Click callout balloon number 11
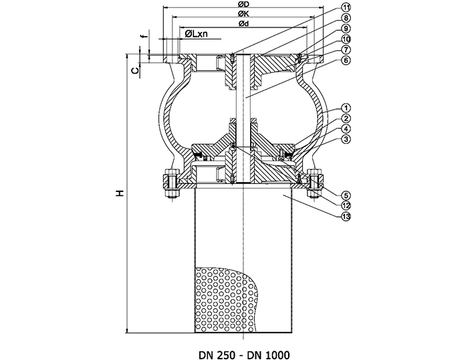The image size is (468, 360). click(x=346, y=7)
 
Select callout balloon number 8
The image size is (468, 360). click(x=346, y=18)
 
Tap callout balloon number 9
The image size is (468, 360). click(x=346, y=29)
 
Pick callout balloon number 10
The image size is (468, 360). click(x=346, y=39)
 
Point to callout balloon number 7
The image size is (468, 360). click(x=346, y=50)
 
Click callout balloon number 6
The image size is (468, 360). click(x=346, y=60)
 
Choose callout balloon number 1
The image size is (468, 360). click(x=346, y=108)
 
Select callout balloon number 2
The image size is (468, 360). click(x=346, y=118)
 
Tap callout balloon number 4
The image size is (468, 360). click(x=346, y=128)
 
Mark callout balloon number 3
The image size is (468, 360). click(x=346, y=139)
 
